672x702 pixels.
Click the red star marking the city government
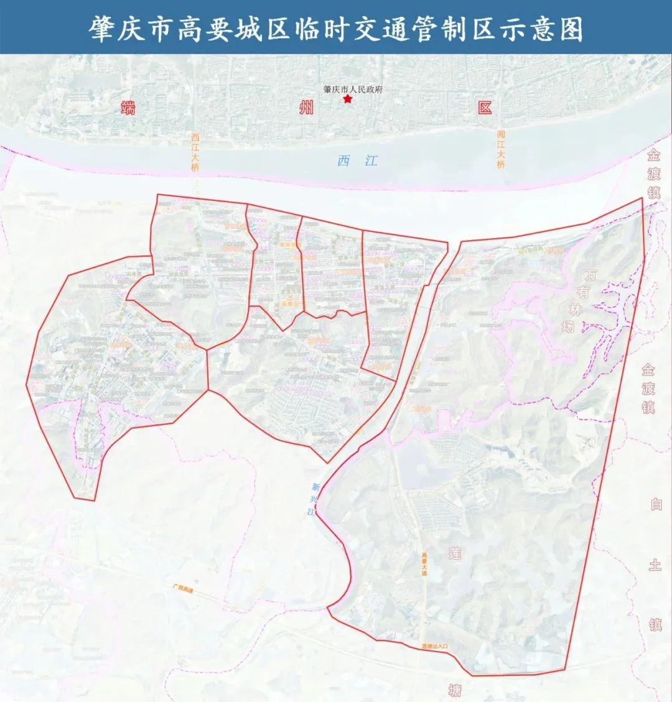(348, 99)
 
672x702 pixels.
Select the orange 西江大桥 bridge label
(195, 152)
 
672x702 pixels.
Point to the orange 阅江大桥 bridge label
(501, 149)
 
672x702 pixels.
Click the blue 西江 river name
(357, 161)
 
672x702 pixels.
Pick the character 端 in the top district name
(129, 108)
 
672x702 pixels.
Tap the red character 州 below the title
(306, 108)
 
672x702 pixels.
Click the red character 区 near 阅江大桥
(485, 108)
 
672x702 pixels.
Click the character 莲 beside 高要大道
(455, 552)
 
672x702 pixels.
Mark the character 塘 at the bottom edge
(455, 690)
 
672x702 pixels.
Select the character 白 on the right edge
(656, 504)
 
